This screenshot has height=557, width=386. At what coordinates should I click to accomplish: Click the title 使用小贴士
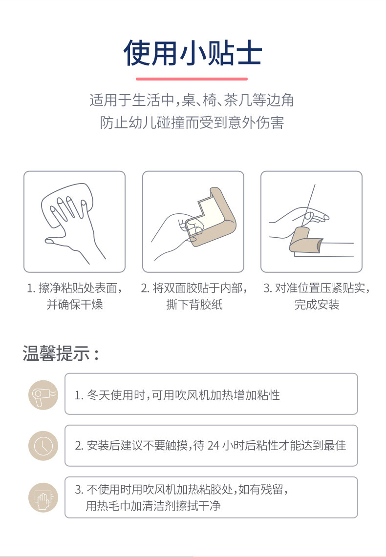[x=193, y=53]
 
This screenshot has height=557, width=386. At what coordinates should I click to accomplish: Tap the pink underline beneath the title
[x=192, y=79]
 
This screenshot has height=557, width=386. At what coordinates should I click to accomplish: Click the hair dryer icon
[x=43, y=394]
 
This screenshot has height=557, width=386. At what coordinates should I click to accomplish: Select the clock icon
[x=43, y=446]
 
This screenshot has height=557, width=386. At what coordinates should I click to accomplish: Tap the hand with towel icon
[x=43, y=497]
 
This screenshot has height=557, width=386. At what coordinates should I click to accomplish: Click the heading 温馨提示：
[x=61, y=354]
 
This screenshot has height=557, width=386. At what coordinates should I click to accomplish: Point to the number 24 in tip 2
[x=213, y=446]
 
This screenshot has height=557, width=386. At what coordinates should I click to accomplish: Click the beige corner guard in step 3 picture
[x=306, y=242]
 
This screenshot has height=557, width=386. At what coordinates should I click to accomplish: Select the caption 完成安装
[x=317, y=305]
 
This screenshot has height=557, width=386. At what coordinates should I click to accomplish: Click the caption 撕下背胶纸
[x=194, y=305]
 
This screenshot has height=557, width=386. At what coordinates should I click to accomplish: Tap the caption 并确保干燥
[x=75, y=305]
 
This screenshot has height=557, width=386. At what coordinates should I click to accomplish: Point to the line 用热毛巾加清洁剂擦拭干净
[x=153, y=505]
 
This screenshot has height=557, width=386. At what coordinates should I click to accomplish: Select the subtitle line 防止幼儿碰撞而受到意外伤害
[x=192, y=123]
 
